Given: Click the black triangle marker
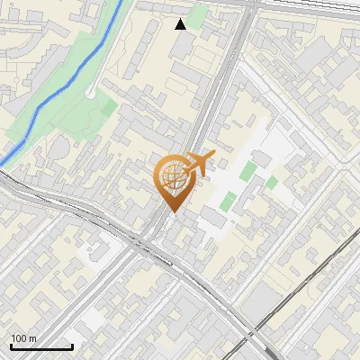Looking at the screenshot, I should [181, 24].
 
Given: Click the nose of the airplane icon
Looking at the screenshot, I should [212, 155].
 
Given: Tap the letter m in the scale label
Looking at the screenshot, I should [33, 338].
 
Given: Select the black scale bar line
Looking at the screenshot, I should [40, 346].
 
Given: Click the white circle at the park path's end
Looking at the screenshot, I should [92, 93].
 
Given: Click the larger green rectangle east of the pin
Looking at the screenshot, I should [229, 201].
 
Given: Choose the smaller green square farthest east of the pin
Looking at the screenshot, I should [272, 183].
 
